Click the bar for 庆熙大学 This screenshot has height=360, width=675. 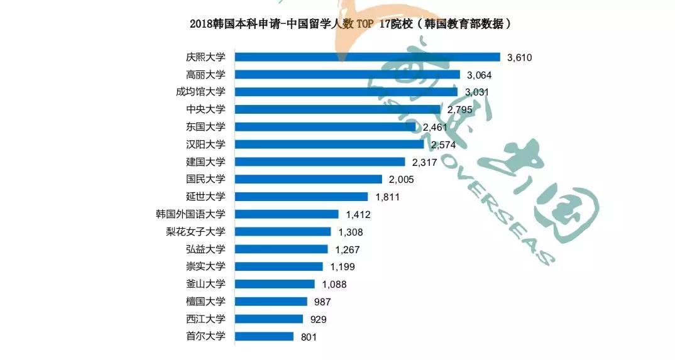pyautogui.click(x=367, y=57)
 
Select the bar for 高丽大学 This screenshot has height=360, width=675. pyautogui.click(x=347, y=75)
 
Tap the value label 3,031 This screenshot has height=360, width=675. pyautogui.click(x=476, y=92)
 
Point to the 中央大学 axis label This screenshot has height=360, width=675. pyautogui.click(x=206, y=109)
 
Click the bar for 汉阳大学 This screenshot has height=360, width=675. pyautogui.click(x=329, y=145)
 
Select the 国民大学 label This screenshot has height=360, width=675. pyautogui.click(x=206, y=179)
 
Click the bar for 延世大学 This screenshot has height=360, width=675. pyautogui.click(x=301, y=197)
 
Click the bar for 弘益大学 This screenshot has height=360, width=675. pyautogui.click(x=281, y=249)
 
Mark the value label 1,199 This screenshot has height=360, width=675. pyautogui.click(x=343, y=266)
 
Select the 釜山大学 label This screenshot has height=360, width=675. pyautogui.click(x=206, y=283)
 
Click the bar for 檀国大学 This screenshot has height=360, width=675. pyautogui.click(x=271, y=302)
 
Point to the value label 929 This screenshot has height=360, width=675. pyautogui.click(x=319, y=319)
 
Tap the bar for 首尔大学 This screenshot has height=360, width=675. pyautogui.click(x=264, y=336)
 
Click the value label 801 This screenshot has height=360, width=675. pyautogui.click(x=309, y=337)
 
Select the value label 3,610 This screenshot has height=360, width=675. pyautogui.click(x=520, y=58)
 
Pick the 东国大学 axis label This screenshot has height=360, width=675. pyautogui.click(x=206, y=127)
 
